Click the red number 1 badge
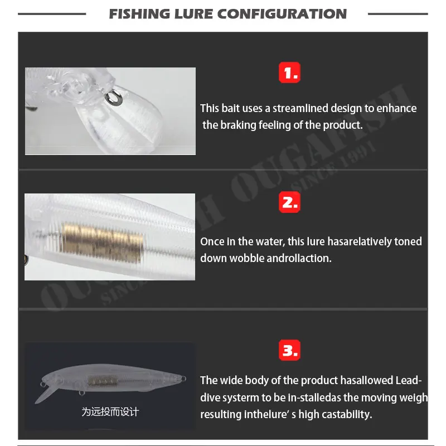tap(289, 72)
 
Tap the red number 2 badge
tap(289, 202)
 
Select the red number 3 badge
tap(289, 351)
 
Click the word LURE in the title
tap(192, 13)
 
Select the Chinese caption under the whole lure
tap(110, 412)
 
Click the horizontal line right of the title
tap(397, 13)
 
